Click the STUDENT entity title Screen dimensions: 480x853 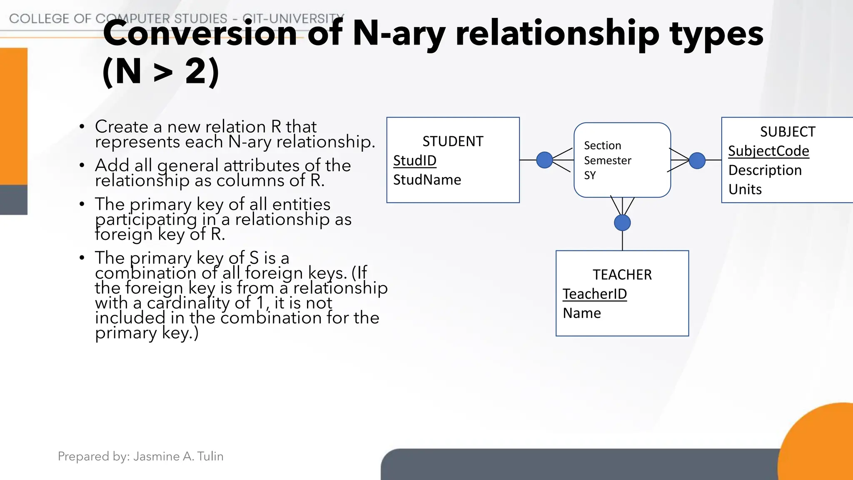[453, 142]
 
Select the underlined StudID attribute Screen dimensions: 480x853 [415, 161]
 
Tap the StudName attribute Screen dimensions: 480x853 [427, 180]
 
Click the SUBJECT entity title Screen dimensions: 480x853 [787, 132]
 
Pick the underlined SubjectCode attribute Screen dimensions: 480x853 [768, 151]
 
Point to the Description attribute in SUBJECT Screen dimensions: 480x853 [765, 170]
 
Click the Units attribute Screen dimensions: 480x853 [745, 190]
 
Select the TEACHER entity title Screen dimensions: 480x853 [622, 275]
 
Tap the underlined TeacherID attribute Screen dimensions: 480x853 [595, 294]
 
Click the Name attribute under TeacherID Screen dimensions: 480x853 [582, 313]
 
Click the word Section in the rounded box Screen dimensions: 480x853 [602, 146]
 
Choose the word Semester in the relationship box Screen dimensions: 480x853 [607, 161]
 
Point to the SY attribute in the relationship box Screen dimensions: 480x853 [590, 175]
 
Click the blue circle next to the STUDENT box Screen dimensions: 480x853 [544, 160]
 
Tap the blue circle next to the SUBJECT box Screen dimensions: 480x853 [697, 160]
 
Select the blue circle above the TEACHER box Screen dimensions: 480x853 [622, 223]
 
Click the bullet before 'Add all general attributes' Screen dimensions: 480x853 [82, 166]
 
